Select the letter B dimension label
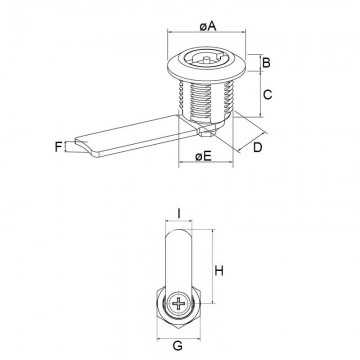pos(267,66)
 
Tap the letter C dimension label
pos(267,98)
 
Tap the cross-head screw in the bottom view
pos(180,304)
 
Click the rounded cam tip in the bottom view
pos(179,236)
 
